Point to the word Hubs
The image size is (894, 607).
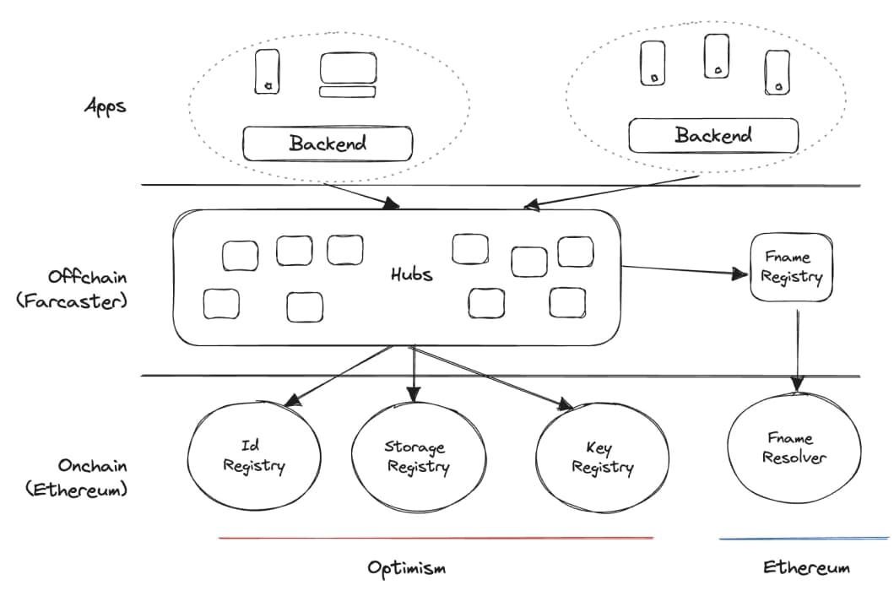(x=412, y=274)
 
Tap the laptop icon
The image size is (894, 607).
(x=348, y=74)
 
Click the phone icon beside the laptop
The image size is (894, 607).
(x=267, y=71)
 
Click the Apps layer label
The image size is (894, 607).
(x=106, y=106)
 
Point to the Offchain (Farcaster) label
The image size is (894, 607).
(x=72, y=289)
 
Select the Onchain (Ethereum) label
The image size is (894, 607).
(x=77, y=478)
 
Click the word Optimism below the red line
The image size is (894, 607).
(x=407, y=567)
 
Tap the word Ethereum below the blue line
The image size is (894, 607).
(x=806, y=567)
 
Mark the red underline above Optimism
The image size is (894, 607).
(x=436, y=538)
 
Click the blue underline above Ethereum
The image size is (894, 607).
(x=804, y=538)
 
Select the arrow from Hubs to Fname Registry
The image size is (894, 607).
(x=684, y=271)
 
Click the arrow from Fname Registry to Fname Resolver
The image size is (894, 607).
(x=797, y=350)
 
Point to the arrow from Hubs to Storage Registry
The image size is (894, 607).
(x=414, y=374)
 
